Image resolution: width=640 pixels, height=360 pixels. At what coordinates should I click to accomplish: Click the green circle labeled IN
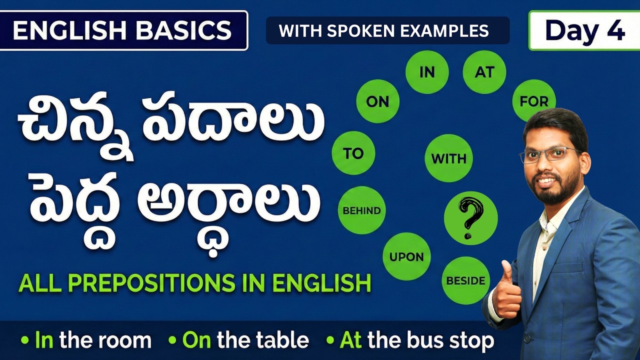[x=427, y=72]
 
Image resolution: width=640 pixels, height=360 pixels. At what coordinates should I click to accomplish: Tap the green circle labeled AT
[x=484, y=72]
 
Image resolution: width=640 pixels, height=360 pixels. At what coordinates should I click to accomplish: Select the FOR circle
[x=534, y=101]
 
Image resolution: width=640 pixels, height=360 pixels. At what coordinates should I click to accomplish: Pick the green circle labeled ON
[x=377, y=101]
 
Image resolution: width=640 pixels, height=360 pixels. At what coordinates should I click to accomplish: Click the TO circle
[x=353, y=153]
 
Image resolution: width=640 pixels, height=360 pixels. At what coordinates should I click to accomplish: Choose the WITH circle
[x=448, y=159]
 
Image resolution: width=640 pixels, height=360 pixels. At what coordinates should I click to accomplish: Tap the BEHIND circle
[x=361, y=210]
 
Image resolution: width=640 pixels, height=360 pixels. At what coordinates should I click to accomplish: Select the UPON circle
[x=406, y=257]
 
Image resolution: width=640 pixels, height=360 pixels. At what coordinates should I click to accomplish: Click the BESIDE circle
[x=466, y=280]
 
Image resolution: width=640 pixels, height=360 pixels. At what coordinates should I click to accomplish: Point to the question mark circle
[x=470, y=218]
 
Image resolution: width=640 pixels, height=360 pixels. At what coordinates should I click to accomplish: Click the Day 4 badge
[x=584, y=31]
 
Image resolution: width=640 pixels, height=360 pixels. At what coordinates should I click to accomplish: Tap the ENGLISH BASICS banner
[x=123, y=31]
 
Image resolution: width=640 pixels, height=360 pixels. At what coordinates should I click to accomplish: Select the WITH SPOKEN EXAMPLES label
[x=384, y=31]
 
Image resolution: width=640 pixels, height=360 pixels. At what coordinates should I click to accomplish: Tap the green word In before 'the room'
[x=44, y=340]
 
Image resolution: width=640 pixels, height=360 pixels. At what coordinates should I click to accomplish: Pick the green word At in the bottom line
[x=350, y=340]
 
